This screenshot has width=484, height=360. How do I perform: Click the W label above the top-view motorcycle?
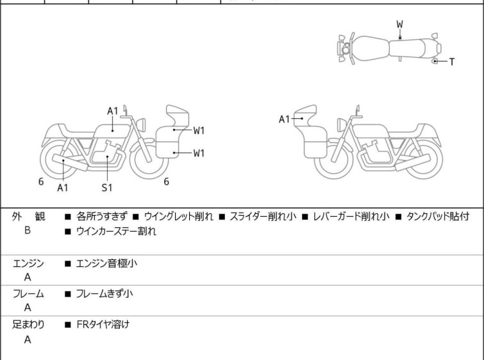[399, 24]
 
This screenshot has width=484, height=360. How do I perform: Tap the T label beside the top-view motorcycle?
[452, 62]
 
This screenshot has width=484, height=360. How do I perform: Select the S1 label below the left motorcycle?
[106, 187]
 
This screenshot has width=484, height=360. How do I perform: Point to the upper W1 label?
[199, 131]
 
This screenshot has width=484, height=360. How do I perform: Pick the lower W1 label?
[199, 153]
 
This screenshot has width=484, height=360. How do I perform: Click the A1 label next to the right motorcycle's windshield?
[285, 119]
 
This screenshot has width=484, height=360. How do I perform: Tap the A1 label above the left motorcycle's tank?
[113, 111]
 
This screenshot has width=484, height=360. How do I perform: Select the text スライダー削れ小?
[263, 217]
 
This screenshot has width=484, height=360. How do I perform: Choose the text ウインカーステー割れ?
[115, 232]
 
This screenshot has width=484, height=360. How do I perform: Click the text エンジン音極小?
[106, 263]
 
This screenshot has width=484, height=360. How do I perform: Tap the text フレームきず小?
[104, 294]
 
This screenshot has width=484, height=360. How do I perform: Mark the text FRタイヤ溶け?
[102, 325]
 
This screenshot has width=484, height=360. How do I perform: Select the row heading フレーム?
[28, 294]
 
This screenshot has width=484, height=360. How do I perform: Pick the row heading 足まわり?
[28, 325]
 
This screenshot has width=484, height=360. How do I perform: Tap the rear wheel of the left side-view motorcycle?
[58, 160]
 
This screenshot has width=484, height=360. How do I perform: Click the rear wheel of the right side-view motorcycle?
[423, 160]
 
